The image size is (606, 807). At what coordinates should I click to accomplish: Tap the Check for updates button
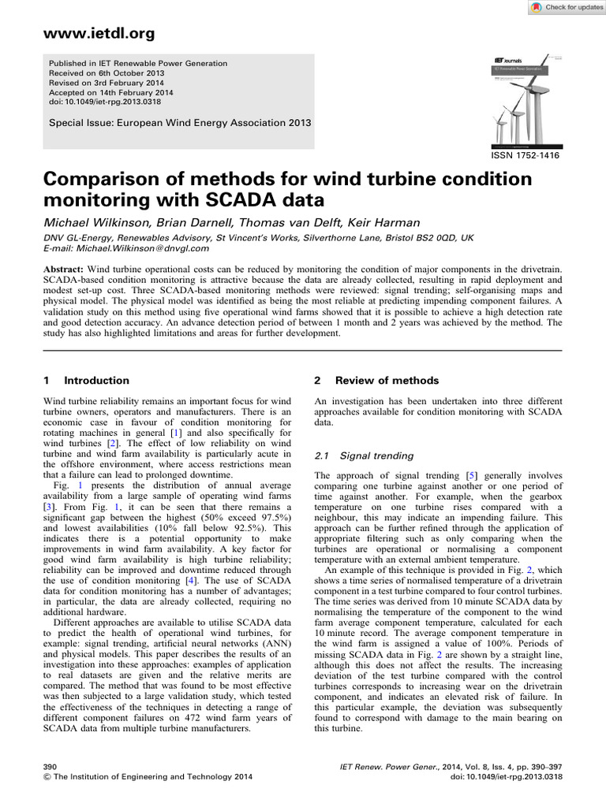coord(563,7)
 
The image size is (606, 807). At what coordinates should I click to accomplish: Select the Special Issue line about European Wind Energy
coord(180,123)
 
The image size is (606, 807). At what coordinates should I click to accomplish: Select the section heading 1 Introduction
coord(86,380)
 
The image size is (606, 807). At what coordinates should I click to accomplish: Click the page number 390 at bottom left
coord(50,765)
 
